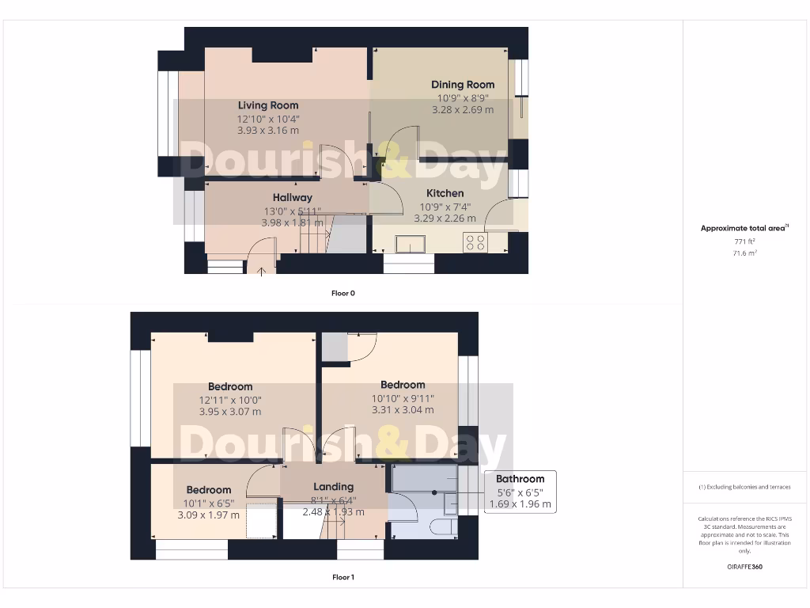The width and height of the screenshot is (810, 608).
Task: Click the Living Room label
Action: (x=268, y=105)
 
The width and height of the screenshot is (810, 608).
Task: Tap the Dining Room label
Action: (x=463, y=85)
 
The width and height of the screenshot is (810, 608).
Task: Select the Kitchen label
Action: (x=445, y=193)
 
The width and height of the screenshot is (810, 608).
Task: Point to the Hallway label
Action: (x=293, y=197)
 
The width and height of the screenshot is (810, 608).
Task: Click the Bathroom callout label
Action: (x=520, y=479)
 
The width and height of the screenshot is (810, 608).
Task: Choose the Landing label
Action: (x=333, y=487)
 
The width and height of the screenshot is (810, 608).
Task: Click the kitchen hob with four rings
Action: (x=475, y=242)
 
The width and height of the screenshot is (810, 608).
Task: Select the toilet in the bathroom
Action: (x=443, y=526)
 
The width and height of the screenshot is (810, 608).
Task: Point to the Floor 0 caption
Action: (x=343, y=293)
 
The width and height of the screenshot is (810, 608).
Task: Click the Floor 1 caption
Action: (x=343, y=577)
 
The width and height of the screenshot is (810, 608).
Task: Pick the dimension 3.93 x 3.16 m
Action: (x=268, y=131)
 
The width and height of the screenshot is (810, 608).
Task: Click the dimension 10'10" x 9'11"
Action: (x=403, y=398)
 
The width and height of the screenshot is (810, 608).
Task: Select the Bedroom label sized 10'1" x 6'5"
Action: (x=209, y=490)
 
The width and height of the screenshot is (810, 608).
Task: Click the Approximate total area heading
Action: (x=744, y=228)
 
